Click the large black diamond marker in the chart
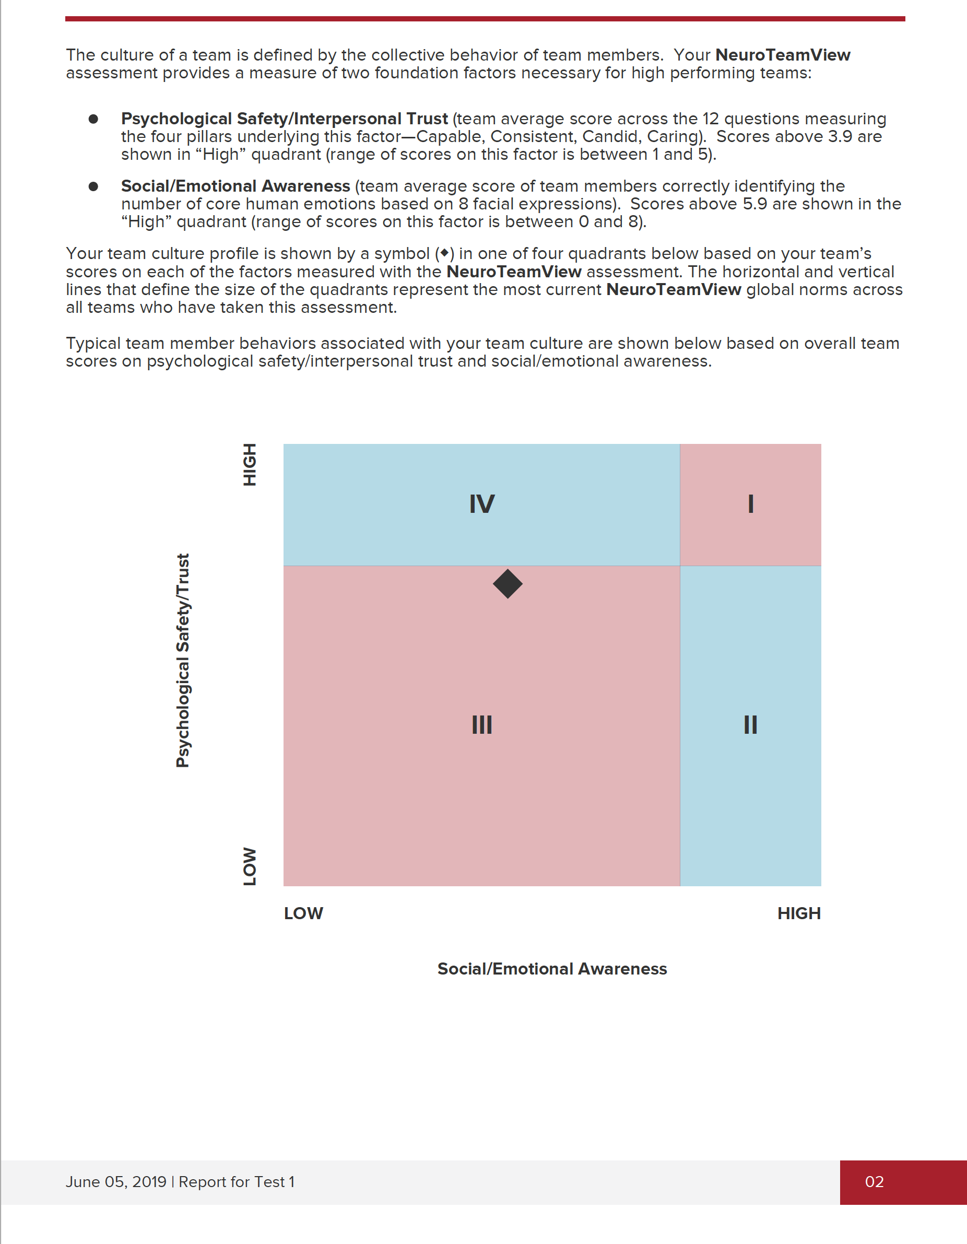point(508,584)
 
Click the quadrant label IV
point(482,504)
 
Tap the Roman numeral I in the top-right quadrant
point(751,504)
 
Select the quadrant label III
point(482,725)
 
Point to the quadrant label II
point(751,725)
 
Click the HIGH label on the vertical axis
point(250,464)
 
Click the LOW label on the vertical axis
point(250,866)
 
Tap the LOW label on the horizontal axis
point(303,913)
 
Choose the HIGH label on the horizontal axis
point(799,913)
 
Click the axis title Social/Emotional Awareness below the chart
point(552,969)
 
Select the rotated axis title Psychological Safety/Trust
point(182,661)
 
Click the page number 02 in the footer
point(874,1182)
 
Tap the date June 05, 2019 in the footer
point(115,1182)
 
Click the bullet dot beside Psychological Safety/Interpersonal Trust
point(93,119)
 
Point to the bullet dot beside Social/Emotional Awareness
point(93,186)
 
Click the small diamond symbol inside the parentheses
point(444,253)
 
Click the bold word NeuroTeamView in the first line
point(783,55)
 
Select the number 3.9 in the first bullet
point(840,137)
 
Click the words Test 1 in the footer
point(275,1182)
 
